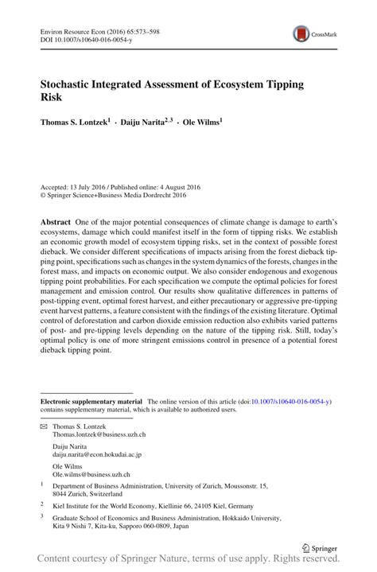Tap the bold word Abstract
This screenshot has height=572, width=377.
[55, 220]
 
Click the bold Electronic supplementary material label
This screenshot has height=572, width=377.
[91, 403]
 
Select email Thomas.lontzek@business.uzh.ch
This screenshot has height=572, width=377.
[99, 435]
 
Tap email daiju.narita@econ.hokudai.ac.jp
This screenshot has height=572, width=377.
[96, 454]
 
